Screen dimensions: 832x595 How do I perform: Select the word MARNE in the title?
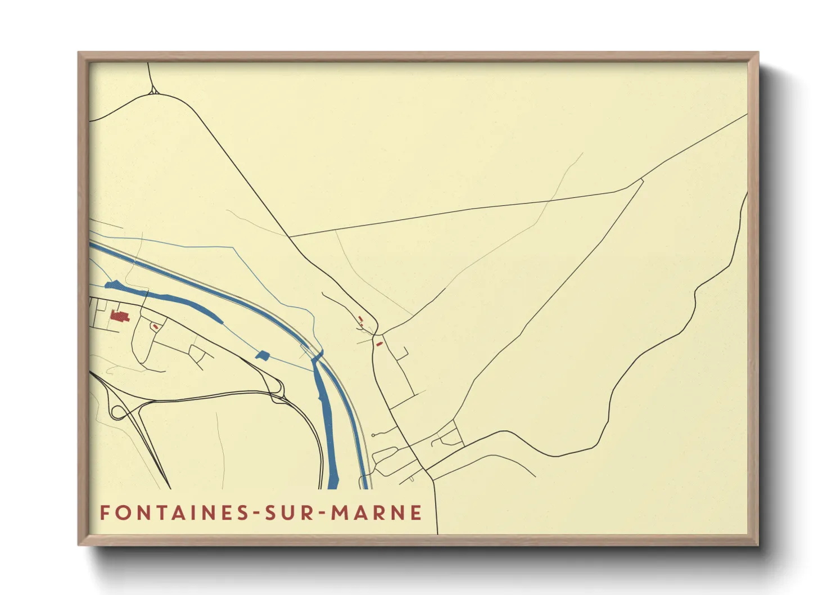coord(376,512)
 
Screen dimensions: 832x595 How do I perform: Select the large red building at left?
coord(119,316)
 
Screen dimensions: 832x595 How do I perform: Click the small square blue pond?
coord(263,355)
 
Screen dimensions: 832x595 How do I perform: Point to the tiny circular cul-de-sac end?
coord(373,435)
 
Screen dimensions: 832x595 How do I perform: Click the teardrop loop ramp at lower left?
coord(117,412)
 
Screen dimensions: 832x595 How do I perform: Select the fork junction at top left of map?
coord(153,91)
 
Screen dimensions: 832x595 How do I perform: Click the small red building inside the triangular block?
coord(155,326)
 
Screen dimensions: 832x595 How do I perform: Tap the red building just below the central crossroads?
coord(379,344)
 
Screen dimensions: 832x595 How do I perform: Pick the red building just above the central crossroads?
coord(361,319)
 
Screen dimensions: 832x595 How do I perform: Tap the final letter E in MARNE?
coord(417,512)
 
